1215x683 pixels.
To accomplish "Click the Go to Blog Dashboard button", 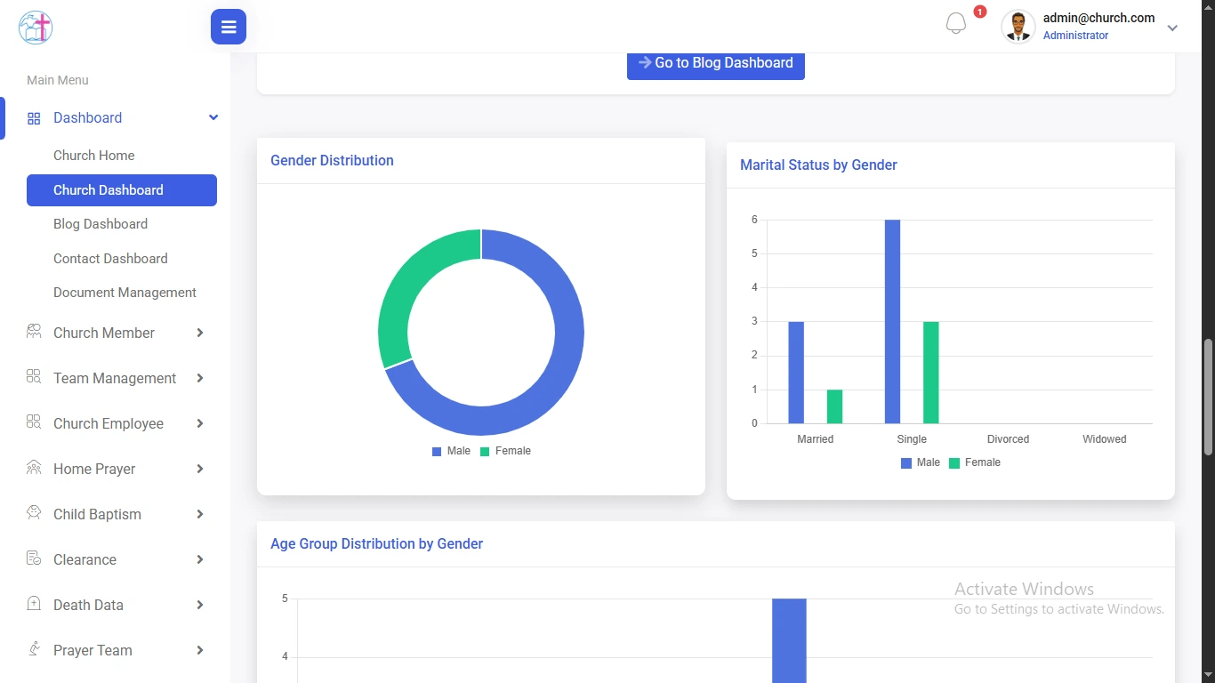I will (x=715, y=63).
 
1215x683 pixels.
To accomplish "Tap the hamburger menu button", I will (x=229, y=27).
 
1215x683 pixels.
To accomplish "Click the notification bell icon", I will (x=956, y=24).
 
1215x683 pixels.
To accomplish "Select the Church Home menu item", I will (x=94, y=156).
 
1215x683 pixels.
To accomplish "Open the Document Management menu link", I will (x=125, y=293).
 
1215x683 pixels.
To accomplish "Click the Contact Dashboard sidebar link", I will (x=110, y=259).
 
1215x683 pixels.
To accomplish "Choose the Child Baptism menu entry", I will (x=97, y=514).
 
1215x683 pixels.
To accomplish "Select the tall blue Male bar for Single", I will (x=892, y=321).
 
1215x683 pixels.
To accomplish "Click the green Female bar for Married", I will (x=834, y=406).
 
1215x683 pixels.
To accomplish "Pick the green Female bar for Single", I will (x=930, y=373).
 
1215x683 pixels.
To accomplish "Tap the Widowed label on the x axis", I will (x=1104, y=439).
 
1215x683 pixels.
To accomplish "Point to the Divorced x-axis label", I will (x=1008, y=439).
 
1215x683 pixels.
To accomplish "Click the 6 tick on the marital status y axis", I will (x=754, y=220).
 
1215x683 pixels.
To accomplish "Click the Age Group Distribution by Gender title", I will (x=376, y=544).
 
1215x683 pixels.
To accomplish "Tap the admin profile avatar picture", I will (x=1018, y=27).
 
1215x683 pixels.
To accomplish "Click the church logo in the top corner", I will (x=36, y=28).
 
